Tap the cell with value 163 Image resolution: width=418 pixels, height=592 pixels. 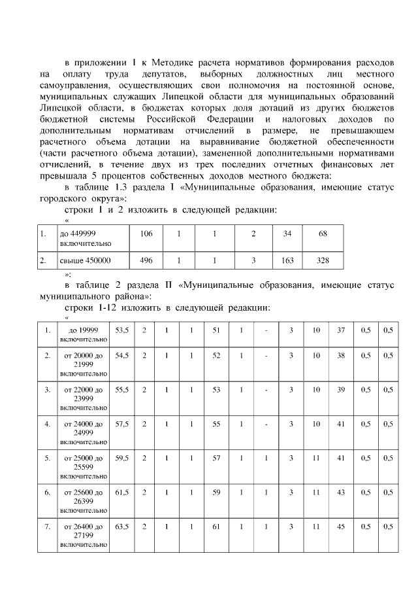point(287,260)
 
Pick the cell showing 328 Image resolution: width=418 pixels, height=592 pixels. point(322,260)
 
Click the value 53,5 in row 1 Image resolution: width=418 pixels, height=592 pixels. point(121,330)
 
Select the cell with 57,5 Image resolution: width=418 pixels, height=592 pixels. point(121,424)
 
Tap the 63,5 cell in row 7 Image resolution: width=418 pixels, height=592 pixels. point(121,526)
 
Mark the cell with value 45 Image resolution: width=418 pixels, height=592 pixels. point(340,526)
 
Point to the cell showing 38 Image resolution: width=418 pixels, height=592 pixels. point(340,356)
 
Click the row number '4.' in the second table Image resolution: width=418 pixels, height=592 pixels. point(47,424)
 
